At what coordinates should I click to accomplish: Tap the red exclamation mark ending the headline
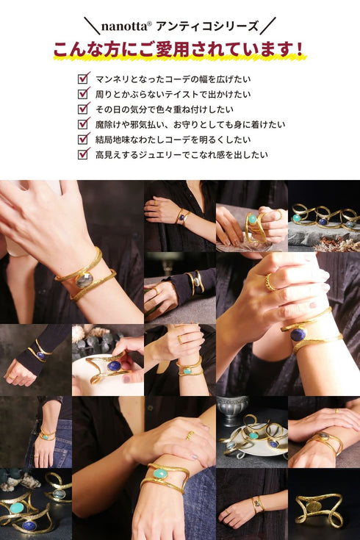299,50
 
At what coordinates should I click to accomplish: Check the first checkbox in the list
84,77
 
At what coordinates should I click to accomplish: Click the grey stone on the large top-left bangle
84,279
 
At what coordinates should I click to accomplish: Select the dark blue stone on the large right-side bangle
298,334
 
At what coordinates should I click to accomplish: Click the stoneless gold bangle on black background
323,508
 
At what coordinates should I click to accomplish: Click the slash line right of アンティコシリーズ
268,26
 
